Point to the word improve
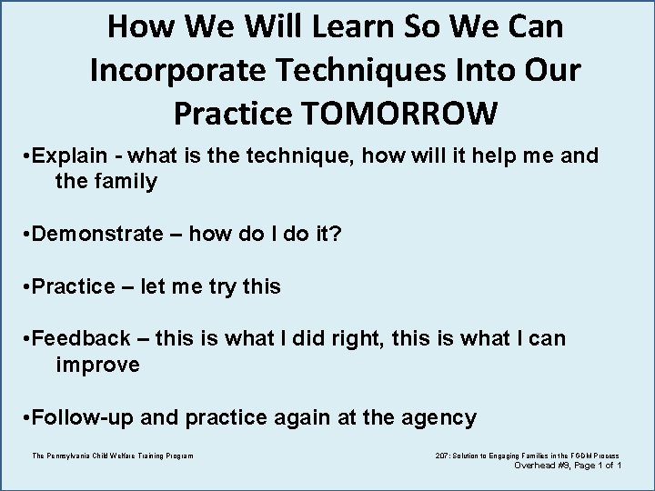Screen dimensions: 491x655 coord(97,365)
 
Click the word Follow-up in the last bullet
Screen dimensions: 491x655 coord(86,418)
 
